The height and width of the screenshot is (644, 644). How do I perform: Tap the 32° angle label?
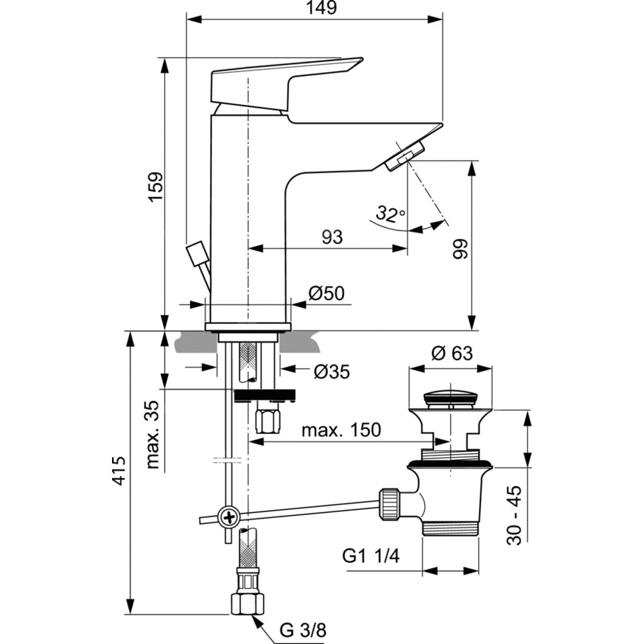391,214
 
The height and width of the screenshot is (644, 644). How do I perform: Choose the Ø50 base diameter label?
327,294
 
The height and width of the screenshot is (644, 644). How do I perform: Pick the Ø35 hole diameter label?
332,372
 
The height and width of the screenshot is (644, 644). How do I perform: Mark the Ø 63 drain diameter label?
451,354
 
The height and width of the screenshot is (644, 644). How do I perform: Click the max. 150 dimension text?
343,430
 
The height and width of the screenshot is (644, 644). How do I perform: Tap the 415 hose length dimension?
118,473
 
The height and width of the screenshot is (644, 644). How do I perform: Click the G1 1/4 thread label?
371,556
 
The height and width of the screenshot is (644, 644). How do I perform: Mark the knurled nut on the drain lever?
389,502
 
